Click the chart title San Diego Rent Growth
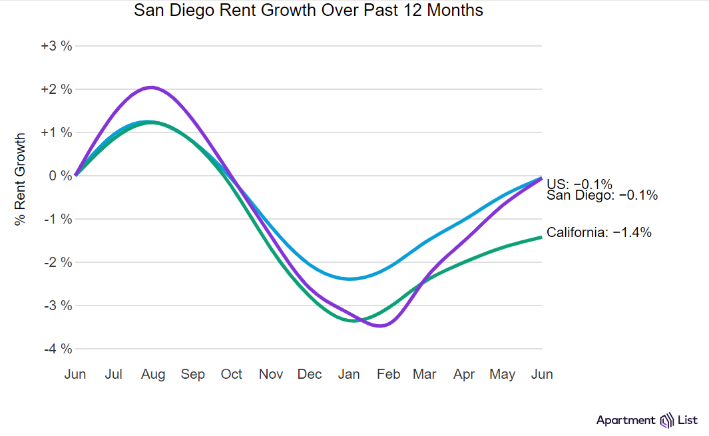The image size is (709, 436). (308, 11)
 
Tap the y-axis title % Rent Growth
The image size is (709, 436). (20, 179)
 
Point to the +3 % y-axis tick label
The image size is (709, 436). (56, 46)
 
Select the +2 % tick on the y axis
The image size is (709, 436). (56, 89)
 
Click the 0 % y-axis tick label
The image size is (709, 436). (60, 176)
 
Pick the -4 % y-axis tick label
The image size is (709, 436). (57, 349)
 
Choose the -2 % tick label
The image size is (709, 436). (57, 262)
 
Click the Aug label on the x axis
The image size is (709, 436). (153, 374)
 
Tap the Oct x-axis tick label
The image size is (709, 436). (232, 374)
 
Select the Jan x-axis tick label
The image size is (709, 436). (349, 374)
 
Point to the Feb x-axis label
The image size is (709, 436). (388, 374)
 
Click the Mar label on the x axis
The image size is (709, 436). (425, 374)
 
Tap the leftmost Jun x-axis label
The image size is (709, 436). (75, 374)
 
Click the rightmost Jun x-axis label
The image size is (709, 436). (542, 374)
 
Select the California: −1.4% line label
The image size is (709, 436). (598, 232)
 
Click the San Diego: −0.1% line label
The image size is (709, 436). (602, 195)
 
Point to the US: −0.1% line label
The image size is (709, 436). (579, 184)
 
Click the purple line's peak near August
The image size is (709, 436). (152, 87)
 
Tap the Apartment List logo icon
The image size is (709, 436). (666, 420)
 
